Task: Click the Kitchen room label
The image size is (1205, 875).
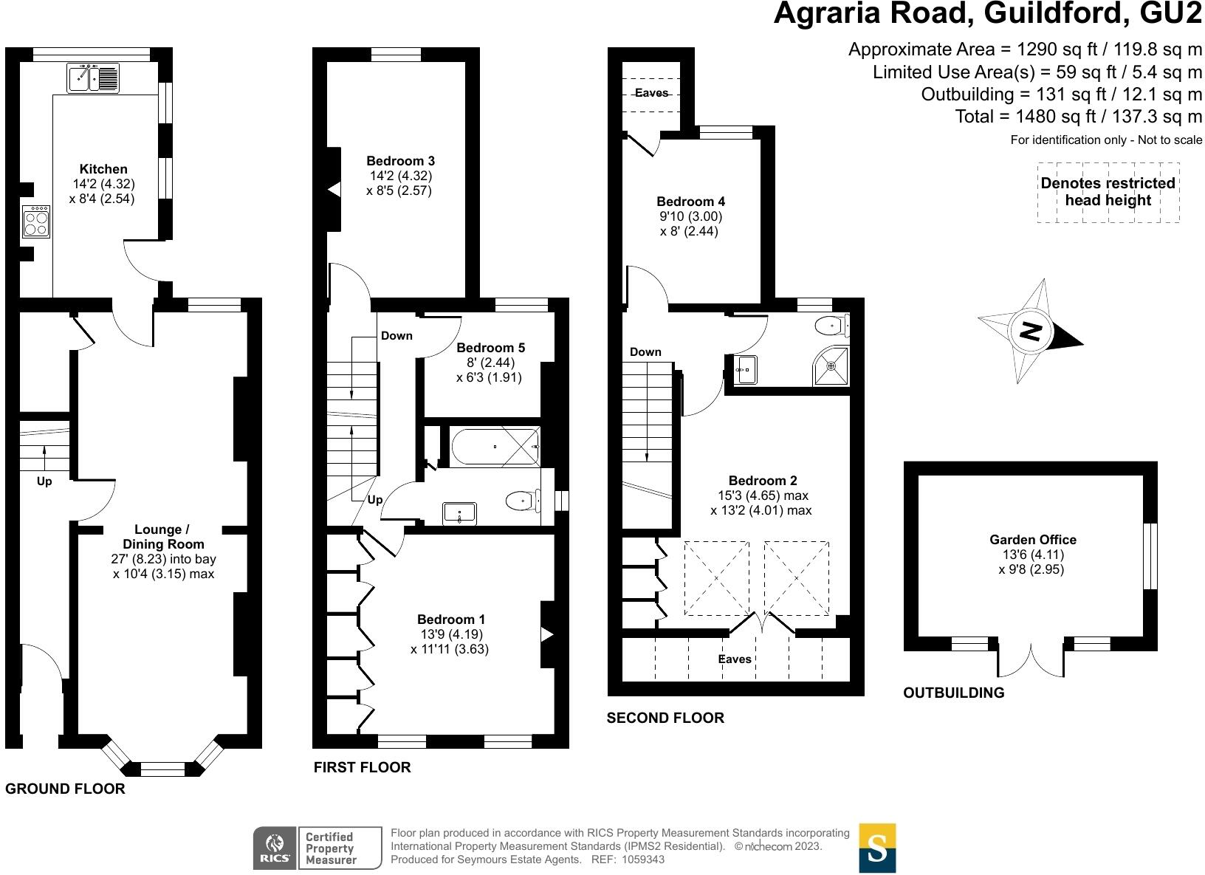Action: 103,169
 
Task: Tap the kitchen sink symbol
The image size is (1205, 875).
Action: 93,78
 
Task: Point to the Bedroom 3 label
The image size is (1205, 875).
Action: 400,161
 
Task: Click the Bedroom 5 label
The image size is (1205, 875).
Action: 490,348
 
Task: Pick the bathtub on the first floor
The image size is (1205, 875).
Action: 495,446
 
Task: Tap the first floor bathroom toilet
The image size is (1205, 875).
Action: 523,501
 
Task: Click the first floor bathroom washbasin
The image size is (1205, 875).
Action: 461,512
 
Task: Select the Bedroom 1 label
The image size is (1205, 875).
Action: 450,620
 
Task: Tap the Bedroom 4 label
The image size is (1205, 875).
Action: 690,202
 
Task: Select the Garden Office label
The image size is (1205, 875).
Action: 1032,540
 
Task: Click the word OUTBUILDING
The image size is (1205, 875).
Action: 953,693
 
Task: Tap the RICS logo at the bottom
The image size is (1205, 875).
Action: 275,848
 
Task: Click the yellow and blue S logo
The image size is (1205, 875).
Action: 877,848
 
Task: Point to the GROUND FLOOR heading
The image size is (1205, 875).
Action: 65,789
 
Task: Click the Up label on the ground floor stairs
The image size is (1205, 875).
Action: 44,481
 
